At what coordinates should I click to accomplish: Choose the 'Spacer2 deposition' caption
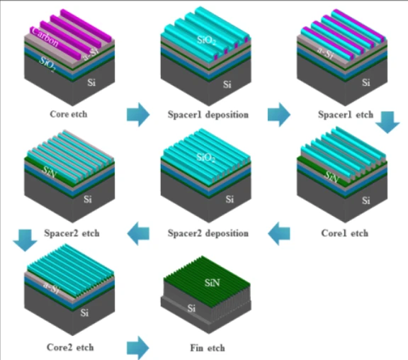[x=208, y=232]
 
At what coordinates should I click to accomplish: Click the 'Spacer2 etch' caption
[x=69, y=232]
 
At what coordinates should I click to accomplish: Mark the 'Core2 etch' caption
[x=69, y=347]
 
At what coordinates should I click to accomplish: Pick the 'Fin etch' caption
[x=208, y=348]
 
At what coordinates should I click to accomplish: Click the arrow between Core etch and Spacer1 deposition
[x=138, y=113]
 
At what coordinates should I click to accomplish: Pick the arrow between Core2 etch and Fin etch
[x=138, y=347]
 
